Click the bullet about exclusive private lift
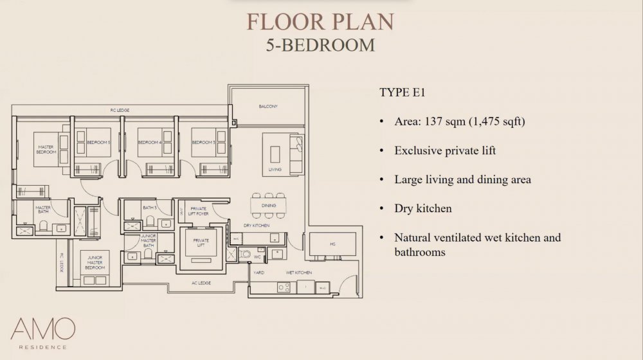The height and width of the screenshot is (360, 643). pos(445,150)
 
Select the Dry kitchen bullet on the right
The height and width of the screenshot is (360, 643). pos(423,208)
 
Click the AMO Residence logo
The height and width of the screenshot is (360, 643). pos(38,332)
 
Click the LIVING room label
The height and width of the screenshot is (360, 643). pos(275,170)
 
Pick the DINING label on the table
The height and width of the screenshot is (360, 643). pos(268,205)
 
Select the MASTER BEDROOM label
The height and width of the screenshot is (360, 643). pos(46,150)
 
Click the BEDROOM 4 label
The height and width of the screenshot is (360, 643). pos(150,141)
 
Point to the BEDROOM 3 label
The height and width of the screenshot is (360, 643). pos(203,141)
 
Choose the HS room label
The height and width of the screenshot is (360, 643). pos(332,244)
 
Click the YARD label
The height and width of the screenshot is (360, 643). pos(260,273)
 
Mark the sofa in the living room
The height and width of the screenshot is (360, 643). pos(296,154)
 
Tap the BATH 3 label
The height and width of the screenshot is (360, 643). pos(149,208)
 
